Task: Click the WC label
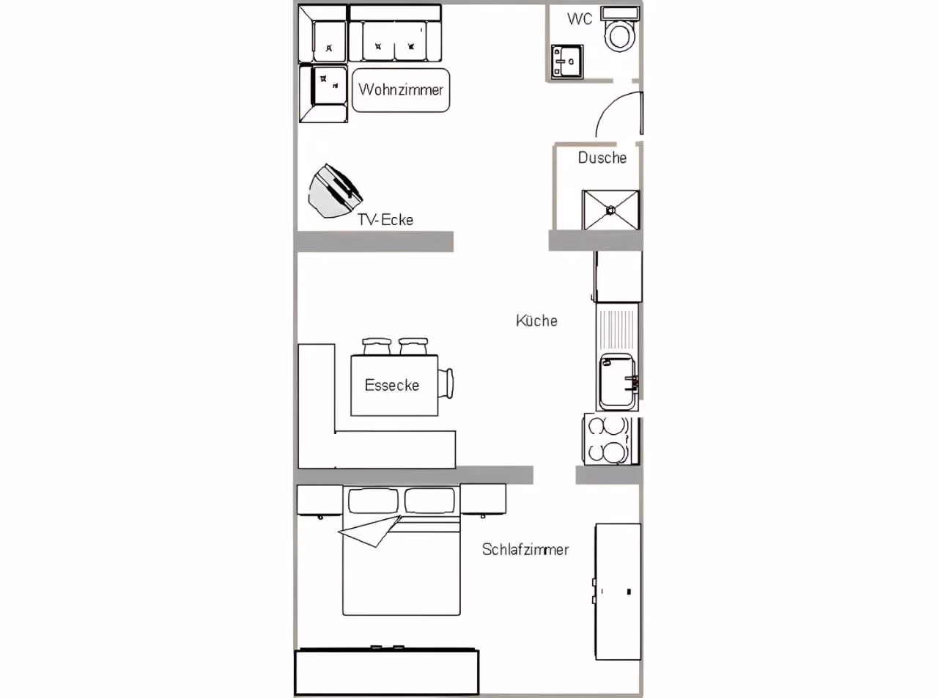point(580,19)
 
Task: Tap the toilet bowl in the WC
point(620,35)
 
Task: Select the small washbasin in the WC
point(566,62)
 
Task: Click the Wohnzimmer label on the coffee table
point(401,89)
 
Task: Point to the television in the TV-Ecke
point(334,191)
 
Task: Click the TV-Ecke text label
point(385,220)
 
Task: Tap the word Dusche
point(602,158)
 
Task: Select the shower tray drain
point(610,210)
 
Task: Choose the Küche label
point(536,320)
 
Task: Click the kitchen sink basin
point(617,382)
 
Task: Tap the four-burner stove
point(610,440)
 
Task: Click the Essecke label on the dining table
point(391,385)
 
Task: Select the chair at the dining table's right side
point(446,383)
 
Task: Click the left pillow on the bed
point(373,501)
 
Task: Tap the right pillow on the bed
point(429,501)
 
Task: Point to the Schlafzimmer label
point(525,549)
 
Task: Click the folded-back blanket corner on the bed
point(371,532)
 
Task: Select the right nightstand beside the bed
point(483,499)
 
